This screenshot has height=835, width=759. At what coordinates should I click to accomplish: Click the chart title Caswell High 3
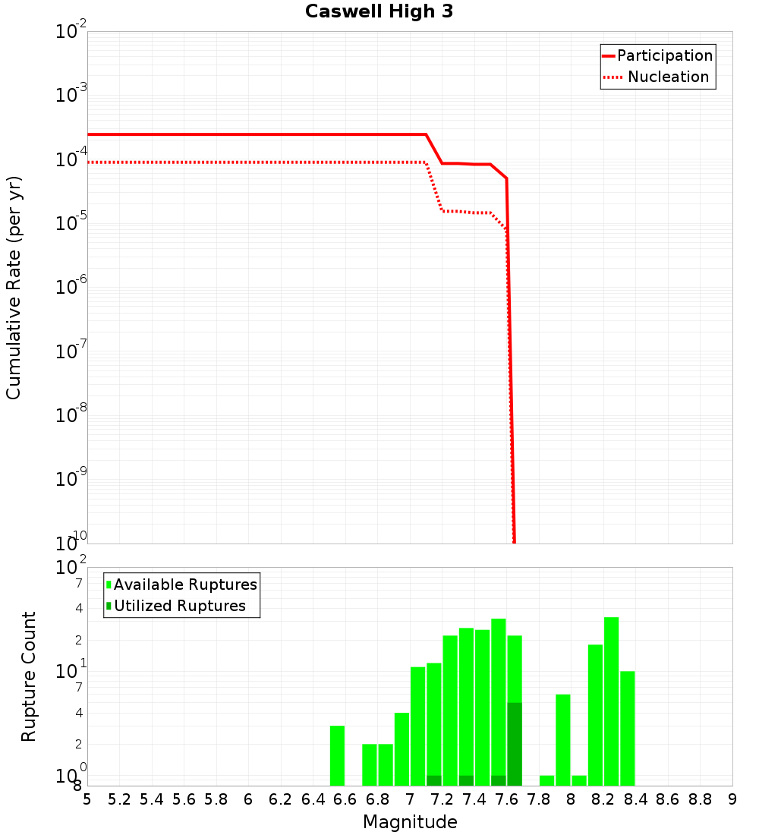point(379,12)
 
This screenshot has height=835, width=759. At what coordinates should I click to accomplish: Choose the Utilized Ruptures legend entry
point(179,606)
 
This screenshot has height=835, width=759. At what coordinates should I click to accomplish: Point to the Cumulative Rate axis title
point(14,287)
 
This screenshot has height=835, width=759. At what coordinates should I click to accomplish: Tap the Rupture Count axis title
point(29,676)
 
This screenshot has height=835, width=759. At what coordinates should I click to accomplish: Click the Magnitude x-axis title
point(410,822)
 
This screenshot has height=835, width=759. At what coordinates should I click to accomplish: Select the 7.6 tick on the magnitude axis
point(506,799)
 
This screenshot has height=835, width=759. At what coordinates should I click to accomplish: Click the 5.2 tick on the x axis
point(119,799)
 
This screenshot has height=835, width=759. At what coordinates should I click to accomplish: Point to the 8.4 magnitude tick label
point(635,799)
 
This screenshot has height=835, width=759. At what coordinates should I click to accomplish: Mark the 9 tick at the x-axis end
point(732,799)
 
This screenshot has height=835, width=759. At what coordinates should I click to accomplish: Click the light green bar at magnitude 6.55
point(337,755)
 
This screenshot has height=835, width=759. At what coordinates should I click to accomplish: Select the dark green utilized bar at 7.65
point(515,744)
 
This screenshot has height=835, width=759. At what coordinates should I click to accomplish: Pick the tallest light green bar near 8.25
point(611,701)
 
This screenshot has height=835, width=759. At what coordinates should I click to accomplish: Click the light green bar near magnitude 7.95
point(563,740)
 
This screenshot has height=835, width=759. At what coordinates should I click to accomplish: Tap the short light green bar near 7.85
point(546,780)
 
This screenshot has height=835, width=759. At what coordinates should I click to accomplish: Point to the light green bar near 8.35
point(628,728)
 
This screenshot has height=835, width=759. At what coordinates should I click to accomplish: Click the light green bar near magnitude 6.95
point(402,749)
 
